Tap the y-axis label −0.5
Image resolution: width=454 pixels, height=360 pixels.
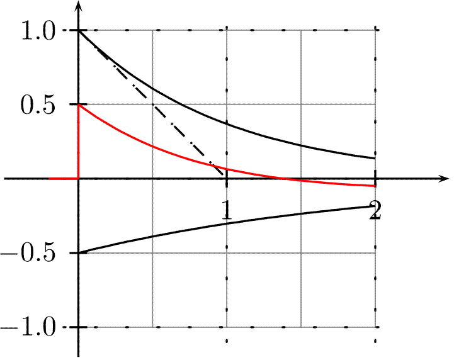(x=33, y=254)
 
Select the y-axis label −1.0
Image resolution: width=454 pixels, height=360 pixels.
(x=33, y=328)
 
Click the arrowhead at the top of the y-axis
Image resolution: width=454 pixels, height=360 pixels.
(x=79, y=6)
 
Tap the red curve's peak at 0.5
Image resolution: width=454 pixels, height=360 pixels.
(x=79, y=104)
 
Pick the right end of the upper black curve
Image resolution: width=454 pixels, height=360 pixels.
(x=376, y=159)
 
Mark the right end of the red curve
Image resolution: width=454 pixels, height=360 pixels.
(x=376, y=186)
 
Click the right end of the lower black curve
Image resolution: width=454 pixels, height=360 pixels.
(x=376, y=206)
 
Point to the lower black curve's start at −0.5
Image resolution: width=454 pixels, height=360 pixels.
(x=79, y=253)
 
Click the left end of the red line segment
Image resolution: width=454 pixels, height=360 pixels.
(x=50, y=179)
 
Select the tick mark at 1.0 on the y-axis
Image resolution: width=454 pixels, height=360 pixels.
(x=79, y=30)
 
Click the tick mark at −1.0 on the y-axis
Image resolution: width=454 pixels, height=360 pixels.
(x=79, y=327)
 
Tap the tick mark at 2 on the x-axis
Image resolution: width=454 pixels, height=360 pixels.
(x=376, y=179)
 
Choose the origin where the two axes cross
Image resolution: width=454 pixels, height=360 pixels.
(x=79, y=179)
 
